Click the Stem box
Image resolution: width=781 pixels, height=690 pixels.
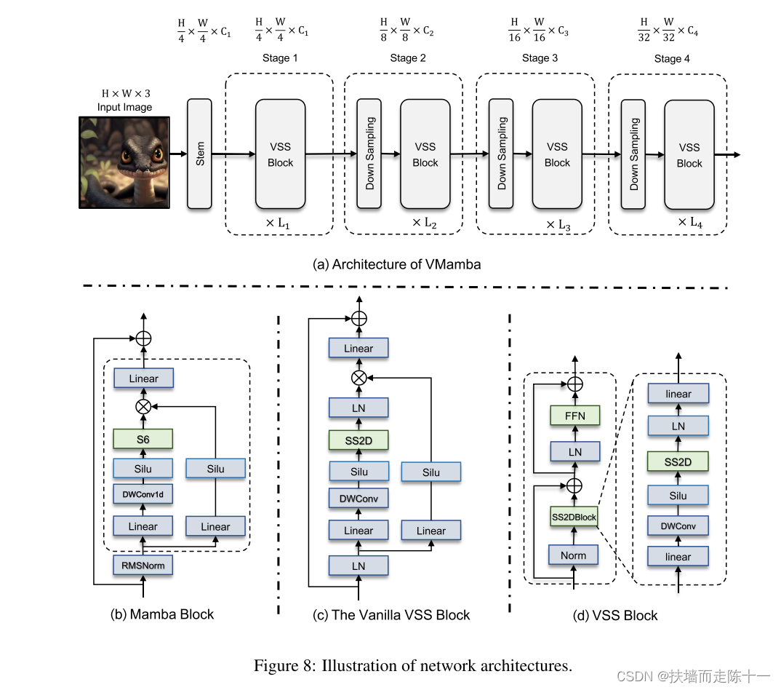(200, 154)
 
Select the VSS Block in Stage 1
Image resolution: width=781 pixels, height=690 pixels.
(280, 154)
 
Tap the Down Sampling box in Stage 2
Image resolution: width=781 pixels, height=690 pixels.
(369, 154)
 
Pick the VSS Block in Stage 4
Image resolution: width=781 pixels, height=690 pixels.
(689, 155)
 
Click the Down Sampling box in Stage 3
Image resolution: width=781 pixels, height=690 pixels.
(501, 154)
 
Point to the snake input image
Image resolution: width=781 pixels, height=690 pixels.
(124, 162)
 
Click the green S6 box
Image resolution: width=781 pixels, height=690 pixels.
(143, 438)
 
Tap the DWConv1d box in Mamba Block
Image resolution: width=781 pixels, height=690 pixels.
(143, 494)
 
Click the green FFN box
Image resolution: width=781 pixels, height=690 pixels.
(575, 416)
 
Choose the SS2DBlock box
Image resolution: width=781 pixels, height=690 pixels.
(574, 517)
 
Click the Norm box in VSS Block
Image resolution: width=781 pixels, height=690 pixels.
(573, 555)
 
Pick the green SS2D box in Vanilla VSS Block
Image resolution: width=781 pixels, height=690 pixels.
(359, 440)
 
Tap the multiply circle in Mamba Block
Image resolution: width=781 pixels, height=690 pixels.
(144, 405)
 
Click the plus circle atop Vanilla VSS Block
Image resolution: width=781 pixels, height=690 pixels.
(359, 318)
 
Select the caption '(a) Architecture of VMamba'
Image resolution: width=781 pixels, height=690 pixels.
(396, 264)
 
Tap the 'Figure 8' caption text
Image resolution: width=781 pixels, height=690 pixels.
(412, 665)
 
